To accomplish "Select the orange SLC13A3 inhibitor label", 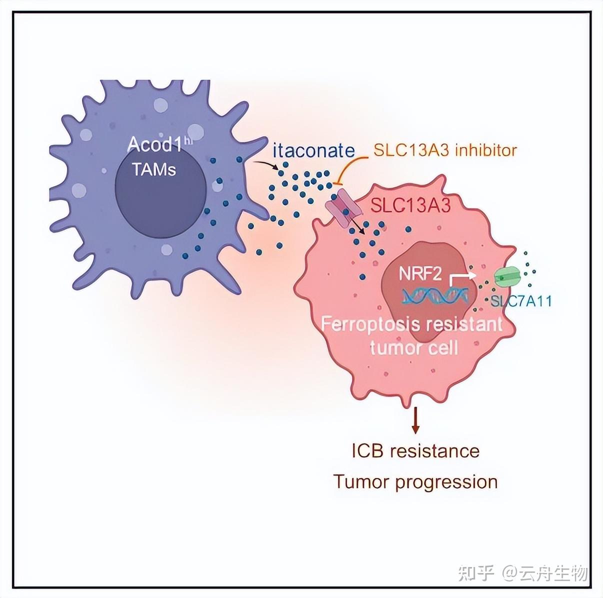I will point(445,149).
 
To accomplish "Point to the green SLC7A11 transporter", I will point(507,276).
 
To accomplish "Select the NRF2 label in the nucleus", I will point(420,274).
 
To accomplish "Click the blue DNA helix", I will point(434,297).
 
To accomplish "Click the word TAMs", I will point(154,170).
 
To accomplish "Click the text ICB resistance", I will point(415,451).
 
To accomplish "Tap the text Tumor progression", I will point(415,482).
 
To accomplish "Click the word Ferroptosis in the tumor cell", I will point(369,324).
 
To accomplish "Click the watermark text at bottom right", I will point(523,573).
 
